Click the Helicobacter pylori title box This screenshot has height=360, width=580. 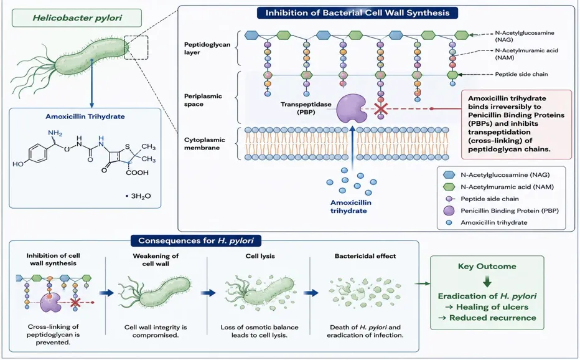77,18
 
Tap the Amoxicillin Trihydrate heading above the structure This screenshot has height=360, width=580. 85,116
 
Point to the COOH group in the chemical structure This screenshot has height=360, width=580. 138,173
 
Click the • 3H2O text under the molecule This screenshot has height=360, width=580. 138,196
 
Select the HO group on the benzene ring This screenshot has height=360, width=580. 18,164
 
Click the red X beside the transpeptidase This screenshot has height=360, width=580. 381,109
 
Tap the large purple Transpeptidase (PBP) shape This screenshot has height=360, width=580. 350,108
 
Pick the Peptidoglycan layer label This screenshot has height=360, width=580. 207,49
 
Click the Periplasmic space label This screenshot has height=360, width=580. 203,100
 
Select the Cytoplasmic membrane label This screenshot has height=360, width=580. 205,144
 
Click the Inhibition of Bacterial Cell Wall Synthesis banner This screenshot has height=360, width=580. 357,13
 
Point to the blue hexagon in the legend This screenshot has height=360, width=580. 449,175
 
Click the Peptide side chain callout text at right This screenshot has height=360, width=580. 521,74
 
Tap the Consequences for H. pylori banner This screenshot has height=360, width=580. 196,241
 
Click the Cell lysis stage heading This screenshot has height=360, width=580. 260,256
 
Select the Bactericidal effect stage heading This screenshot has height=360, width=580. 365,256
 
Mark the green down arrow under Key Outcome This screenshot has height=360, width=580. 487,282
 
